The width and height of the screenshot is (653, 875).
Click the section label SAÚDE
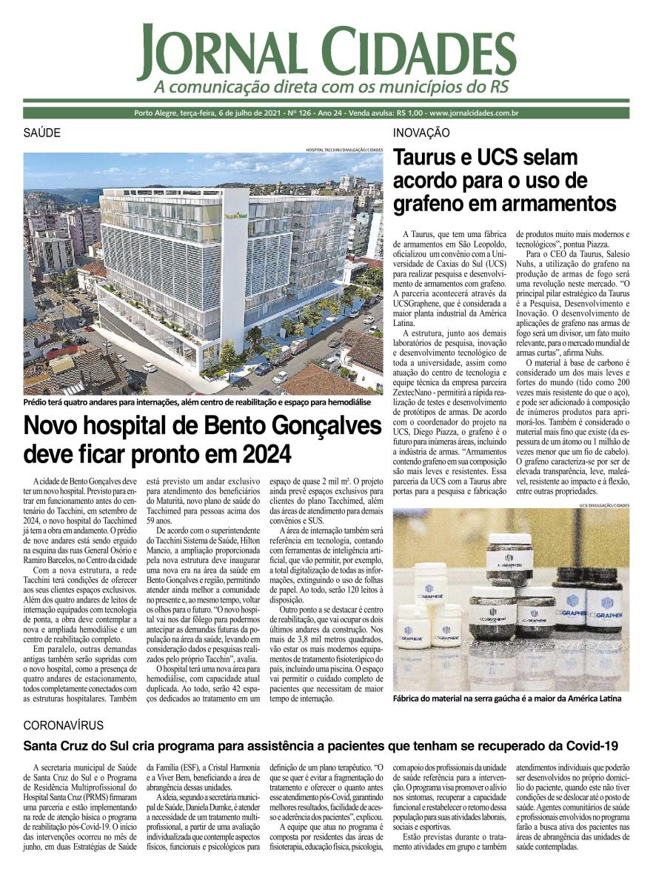click(x=41, y=133)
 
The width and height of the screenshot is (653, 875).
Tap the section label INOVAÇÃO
click(x=421, y=133)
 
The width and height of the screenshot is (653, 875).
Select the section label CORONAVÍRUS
click(x=64, y=725)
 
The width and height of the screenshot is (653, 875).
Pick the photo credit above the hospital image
click(x=344, y=150)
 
